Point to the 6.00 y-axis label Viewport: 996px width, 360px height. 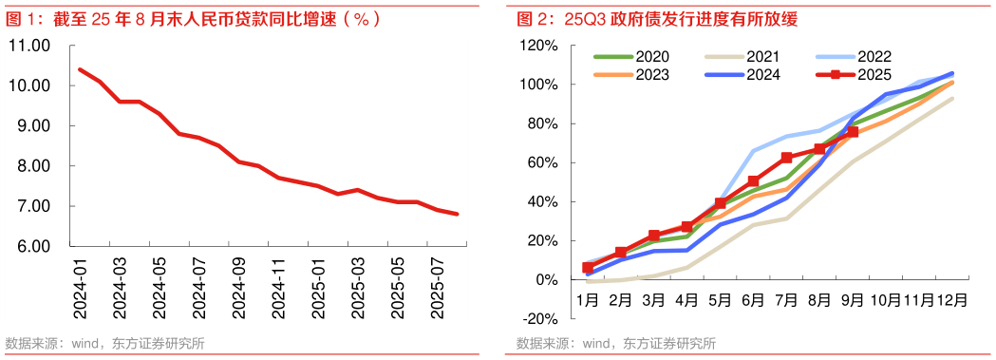click(x=31, y=247)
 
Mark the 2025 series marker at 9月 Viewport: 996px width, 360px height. click(x=853, y=132)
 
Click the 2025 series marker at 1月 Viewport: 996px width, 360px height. click(x=588, y=268)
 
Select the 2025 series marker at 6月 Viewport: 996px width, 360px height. click(x=753, y=181)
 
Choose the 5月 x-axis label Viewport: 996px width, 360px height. click(x=720, y=299)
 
